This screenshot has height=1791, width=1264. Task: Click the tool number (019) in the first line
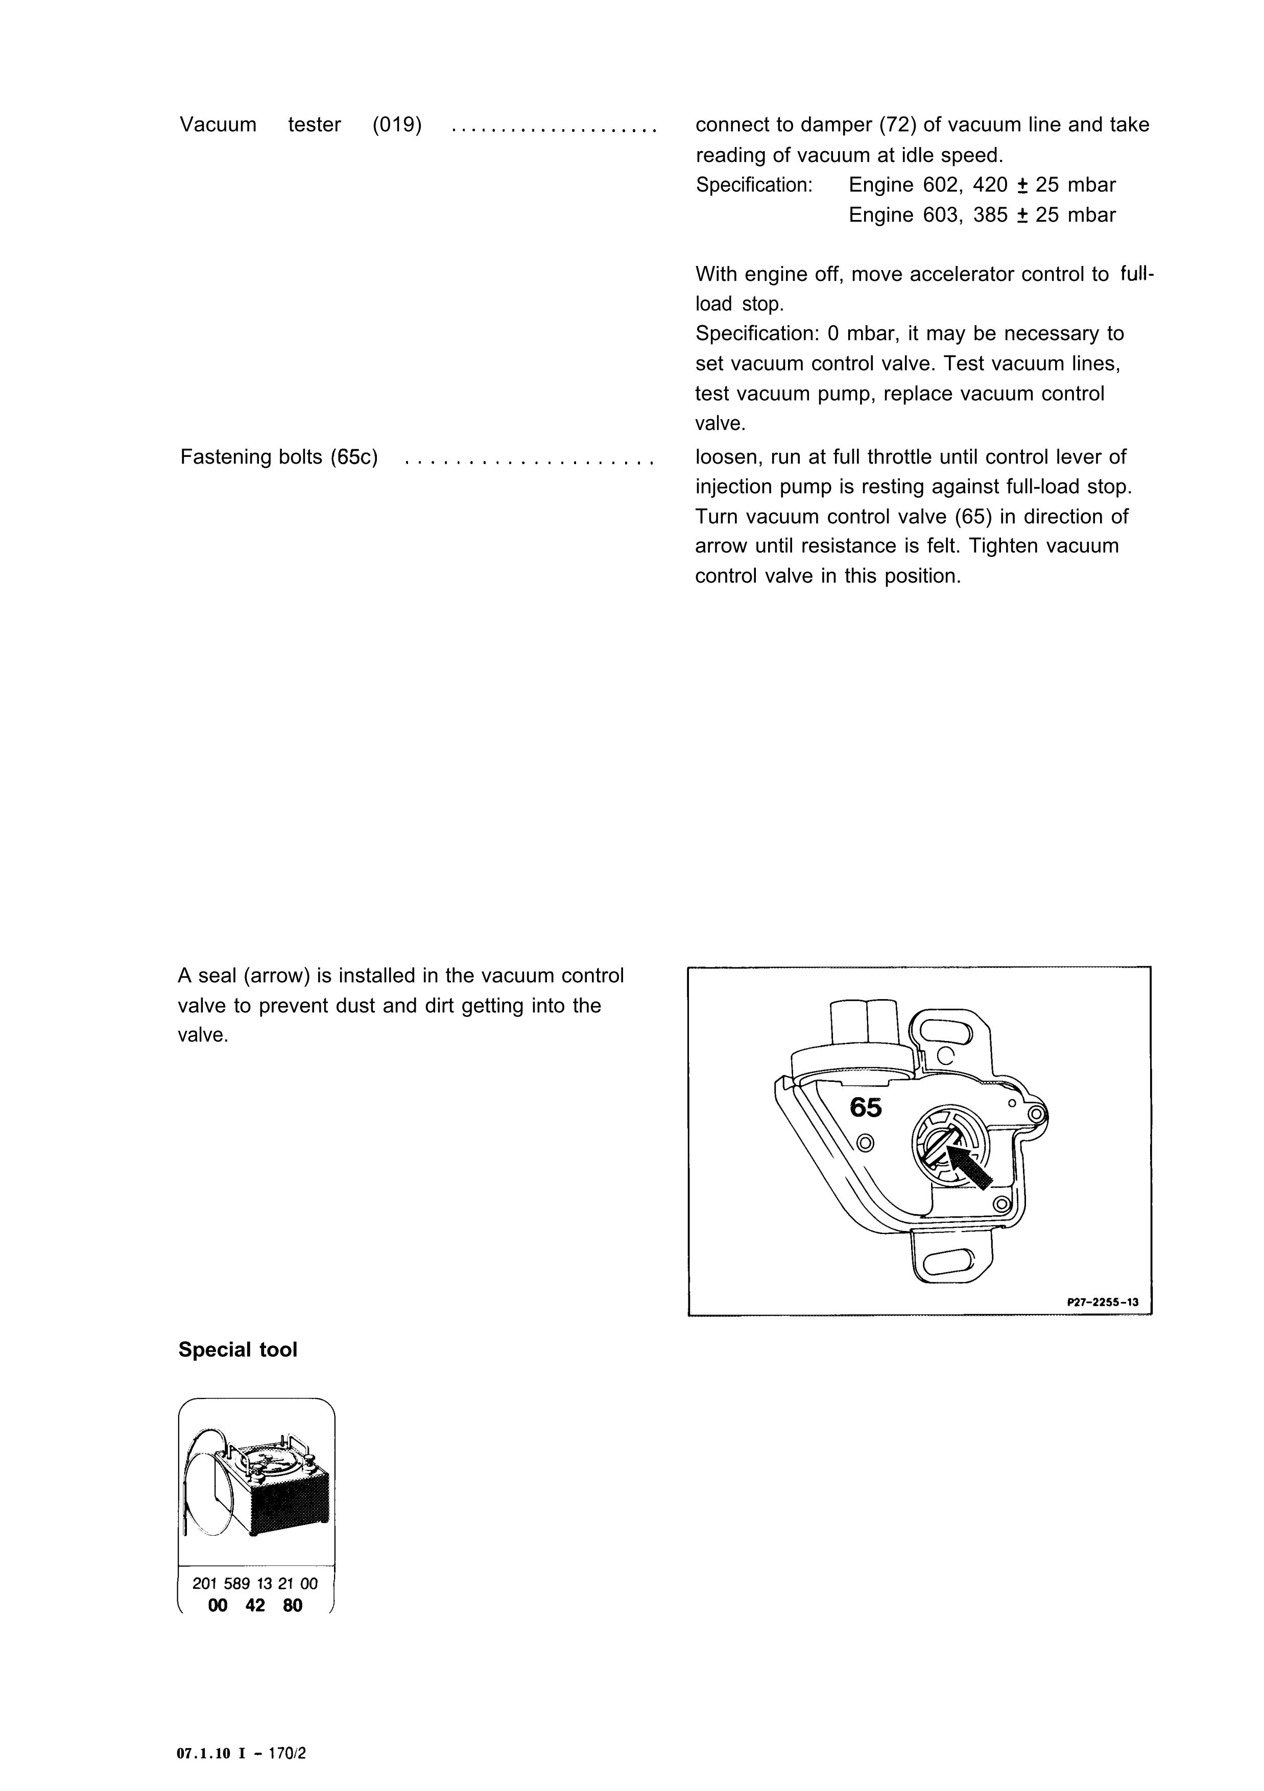tap(397, 125)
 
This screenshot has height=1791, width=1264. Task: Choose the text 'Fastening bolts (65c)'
tap(278, 456)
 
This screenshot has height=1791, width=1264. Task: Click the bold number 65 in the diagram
tap(865, 1107)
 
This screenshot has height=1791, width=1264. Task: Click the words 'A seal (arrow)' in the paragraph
tap(244, 976)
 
